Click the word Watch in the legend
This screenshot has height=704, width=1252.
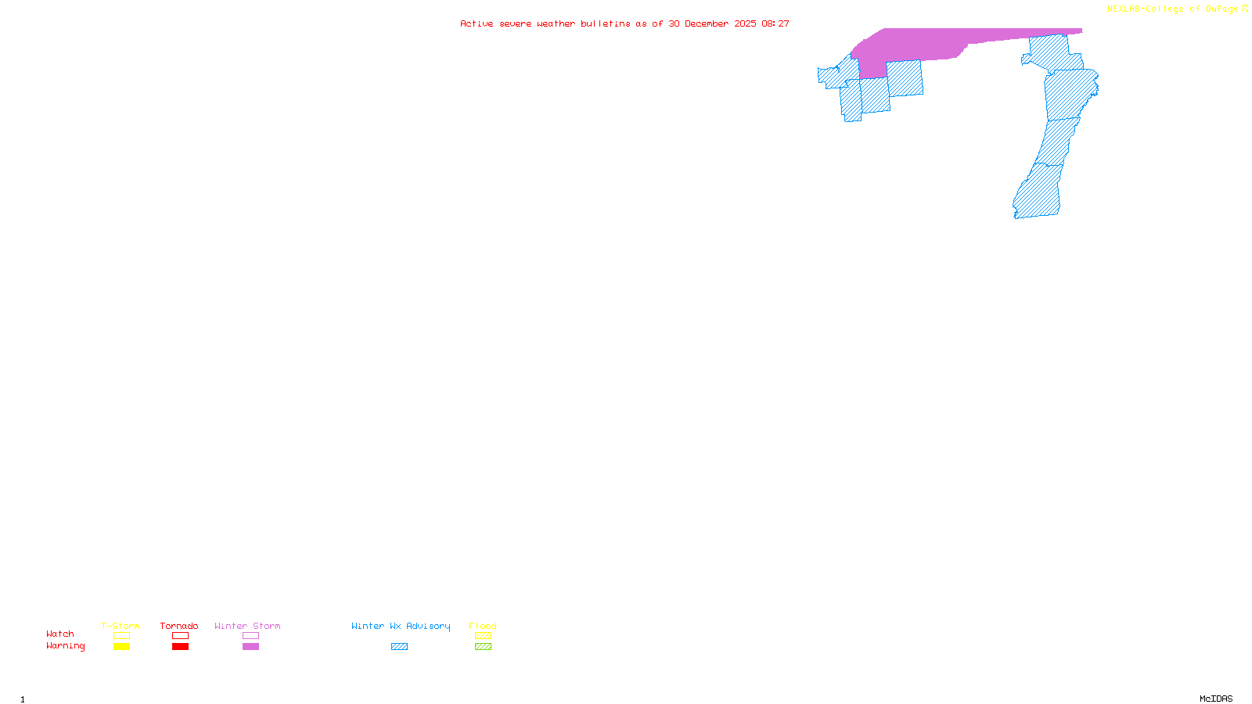click(60, 634)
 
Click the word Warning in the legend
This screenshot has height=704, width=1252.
click(65, 646)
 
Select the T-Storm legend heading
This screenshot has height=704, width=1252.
click(121, 626)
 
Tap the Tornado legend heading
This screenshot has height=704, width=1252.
click(179, 626)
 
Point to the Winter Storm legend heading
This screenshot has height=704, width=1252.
click(247, 626)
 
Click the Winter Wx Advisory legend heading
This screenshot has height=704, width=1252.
click(401, 626)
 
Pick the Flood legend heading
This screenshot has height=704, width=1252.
click(483, 626)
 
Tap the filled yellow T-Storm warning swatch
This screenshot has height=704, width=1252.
click(121, 647)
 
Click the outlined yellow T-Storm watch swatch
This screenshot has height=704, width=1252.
click(121, 636)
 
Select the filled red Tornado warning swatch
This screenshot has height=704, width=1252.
click(180, 647)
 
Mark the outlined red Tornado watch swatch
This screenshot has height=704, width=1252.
click(180, 636)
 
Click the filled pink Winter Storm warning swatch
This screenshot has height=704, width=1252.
click(250, 647)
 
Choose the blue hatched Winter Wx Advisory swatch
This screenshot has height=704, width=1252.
click(399, 647)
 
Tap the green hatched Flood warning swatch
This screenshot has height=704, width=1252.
click(483, 647)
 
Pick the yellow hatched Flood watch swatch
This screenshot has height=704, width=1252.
click(483, 636)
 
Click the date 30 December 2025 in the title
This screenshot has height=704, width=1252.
click(712, 24)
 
